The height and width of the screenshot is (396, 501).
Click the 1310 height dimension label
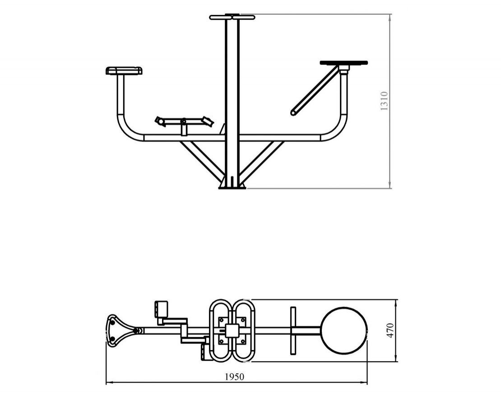point(384,101)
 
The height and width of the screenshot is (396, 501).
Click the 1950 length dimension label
point(235,377)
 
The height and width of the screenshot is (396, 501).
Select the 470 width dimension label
point(390,331)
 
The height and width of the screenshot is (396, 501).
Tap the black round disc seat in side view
point(344,63)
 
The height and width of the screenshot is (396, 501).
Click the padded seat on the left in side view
point(124,70)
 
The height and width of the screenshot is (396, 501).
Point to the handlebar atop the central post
point(232,17)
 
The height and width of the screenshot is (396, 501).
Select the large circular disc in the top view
point(344,331)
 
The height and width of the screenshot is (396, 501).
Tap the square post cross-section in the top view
point(232,331)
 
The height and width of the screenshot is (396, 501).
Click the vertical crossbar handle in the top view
point(293,331)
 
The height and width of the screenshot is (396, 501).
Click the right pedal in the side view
point(208,121)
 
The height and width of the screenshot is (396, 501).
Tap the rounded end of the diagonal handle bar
point(293,113)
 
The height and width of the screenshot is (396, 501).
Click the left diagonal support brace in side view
point(202,159)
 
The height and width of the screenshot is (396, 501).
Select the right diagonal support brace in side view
point(261,159)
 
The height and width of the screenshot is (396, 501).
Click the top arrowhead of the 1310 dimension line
point(390,16)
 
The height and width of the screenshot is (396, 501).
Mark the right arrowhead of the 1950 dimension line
point(365,382)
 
